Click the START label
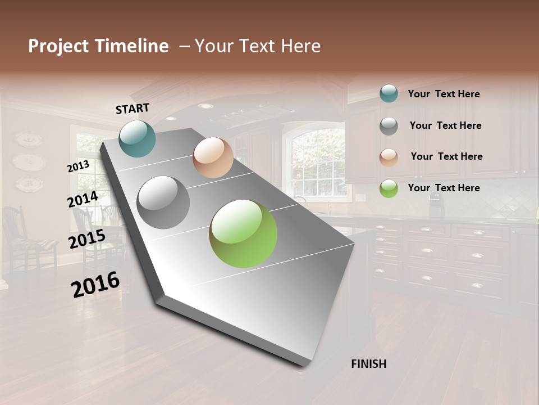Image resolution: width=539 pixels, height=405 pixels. coord(133,108)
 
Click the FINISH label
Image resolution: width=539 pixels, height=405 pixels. coord(368,364)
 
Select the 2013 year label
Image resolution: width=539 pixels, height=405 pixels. coord(78,166)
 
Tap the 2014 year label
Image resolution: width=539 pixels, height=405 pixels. coord(83,200)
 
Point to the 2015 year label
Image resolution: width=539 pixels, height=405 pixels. coord(87,239)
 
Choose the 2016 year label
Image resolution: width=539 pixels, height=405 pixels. coord(95,284)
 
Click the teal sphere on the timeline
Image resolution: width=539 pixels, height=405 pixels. coord(137,138)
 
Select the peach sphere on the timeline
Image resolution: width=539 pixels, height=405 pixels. coord(213,157)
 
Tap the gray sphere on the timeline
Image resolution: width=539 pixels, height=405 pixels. coord(163,202)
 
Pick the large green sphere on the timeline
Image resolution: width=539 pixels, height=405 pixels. coord(243,233)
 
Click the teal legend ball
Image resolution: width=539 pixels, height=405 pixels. coord(389,93)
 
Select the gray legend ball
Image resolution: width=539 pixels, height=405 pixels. coord(389,126)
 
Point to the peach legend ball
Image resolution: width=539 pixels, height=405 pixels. coord(389,157)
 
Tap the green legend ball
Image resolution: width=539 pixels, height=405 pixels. coord(389,188)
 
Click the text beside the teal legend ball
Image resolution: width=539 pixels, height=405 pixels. coord(444,94)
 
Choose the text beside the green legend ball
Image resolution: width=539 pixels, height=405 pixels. coord(444,188)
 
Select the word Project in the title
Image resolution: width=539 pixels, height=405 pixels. coord(59,47)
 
